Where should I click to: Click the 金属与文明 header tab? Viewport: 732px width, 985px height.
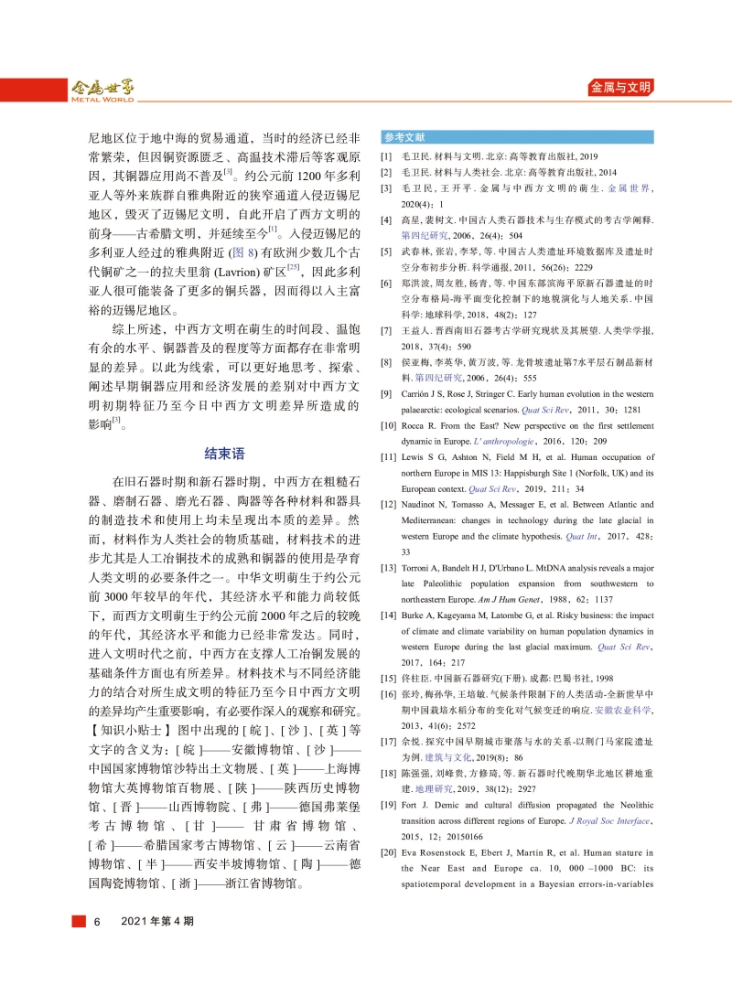coord(620,88)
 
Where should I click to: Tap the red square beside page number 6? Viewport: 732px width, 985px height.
coord(80,921)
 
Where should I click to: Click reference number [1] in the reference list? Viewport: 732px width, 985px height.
coord(386,157)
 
